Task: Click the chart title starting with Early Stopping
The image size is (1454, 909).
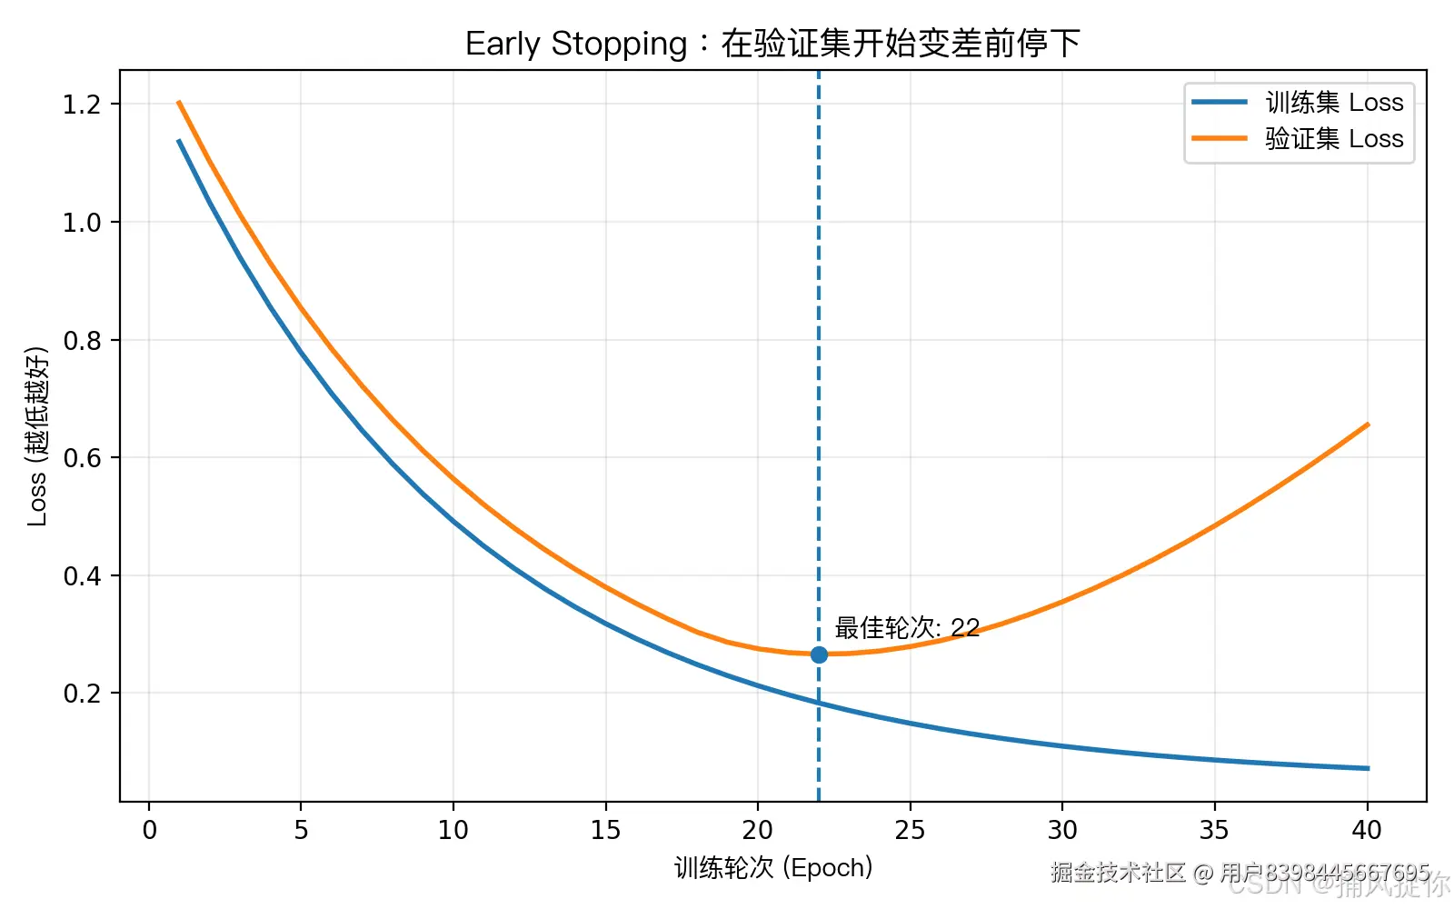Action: (x=772, y=44)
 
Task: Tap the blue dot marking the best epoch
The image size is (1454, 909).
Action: (x=819, y=654)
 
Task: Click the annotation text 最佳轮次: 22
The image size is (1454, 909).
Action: (x=907, y=628)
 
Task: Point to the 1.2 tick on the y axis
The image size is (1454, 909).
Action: (x=81, y=105)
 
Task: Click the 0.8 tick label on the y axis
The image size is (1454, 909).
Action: (x=81, y=341)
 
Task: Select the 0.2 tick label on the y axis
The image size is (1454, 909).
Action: (x=81, y=694)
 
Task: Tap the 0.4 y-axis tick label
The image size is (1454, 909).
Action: (x=81, y=576)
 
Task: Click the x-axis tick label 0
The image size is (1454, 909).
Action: (x=149, y=830)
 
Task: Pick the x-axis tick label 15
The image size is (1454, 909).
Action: (x=605, y=830)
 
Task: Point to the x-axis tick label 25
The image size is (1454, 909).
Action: (x=910, y=830)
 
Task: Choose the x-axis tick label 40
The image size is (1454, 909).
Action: (x=1367, y=830)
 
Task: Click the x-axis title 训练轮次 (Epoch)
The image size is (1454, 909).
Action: (x=773, y=868)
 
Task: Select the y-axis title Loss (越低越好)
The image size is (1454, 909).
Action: (x=36, y=436)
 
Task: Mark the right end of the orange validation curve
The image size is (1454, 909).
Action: (x=1367, y=425)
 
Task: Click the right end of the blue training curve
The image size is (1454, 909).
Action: (x=1367, y=768)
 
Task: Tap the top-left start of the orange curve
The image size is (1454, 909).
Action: (x=179, y=103)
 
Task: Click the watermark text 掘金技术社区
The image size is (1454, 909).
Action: (x=1118, y=873)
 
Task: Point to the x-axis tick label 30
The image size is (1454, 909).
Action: (x=1062, y=830)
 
